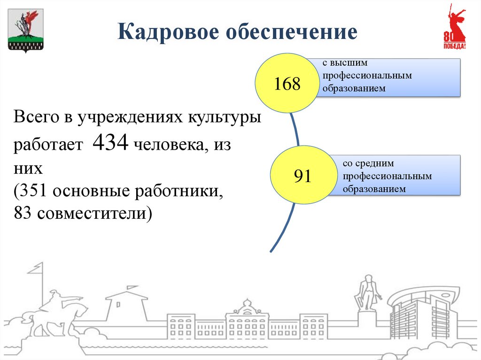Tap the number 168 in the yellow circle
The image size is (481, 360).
pos(287,84)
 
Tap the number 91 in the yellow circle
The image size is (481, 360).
pos(303,176)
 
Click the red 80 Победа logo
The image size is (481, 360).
pos(454,28)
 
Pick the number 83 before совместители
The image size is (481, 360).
pos(23,214)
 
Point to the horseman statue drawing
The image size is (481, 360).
pos(61,310)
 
